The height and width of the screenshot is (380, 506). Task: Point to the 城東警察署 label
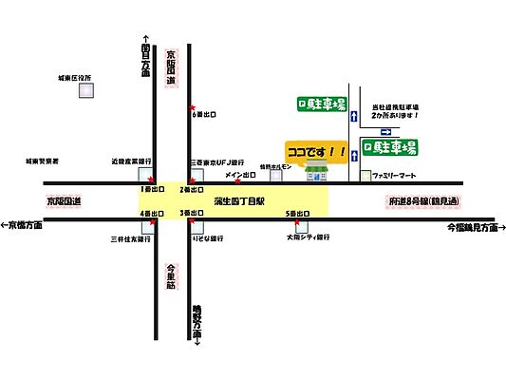click(x=43, y=162)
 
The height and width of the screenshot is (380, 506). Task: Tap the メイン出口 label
click(x=241, y=175)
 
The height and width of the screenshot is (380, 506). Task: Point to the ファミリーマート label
click(x=397, y=177)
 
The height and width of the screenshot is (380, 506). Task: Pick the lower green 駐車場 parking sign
click(x=391, y=148)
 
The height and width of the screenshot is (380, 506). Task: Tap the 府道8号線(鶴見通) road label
click(x=422, y=201)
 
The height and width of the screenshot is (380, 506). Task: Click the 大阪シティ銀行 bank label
click(x=310, y=237)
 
